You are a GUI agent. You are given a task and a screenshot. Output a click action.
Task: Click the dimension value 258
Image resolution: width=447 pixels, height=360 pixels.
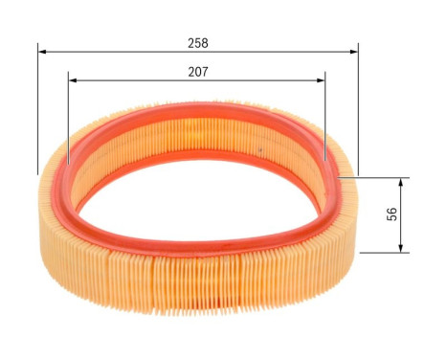(x=198, y=43)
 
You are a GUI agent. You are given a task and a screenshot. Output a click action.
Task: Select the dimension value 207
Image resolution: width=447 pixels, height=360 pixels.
(x=198, y=72)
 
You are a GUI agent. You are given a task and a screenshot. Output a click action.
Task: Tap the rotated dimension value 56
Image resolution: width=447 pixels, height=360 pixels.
(x=392, y=214)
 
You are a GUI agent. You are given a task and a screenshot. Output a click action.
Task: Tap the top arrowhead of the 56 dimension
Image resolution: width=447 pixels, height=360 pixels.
(x=400, y=182)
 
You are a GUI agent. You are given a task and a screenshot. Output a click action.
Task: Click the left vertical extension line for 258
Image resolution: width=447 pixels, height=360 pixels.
(x=38, y=115)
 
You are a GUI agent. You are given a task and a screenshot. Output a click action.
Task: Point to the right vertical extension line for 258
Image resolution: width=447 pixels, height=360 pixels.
(x=358, y=115)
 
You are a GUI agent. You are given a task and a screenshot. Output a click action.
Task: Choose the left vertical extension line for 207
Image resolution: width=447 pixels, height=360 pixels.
(x=69, y=120)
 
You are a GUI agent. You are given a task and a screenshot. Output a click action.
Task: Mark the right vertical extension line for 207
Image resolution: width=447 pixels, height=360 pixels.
(x=325, y=120)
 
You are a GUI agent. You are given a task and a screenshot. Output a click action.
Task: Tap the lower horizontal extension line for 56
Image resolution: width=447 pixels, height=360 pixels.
(x=383, y=252)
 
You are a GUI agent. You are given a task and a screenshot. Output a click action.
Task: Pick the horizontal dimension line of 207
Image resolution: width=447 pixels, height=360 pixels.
(x=134, y=81)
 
